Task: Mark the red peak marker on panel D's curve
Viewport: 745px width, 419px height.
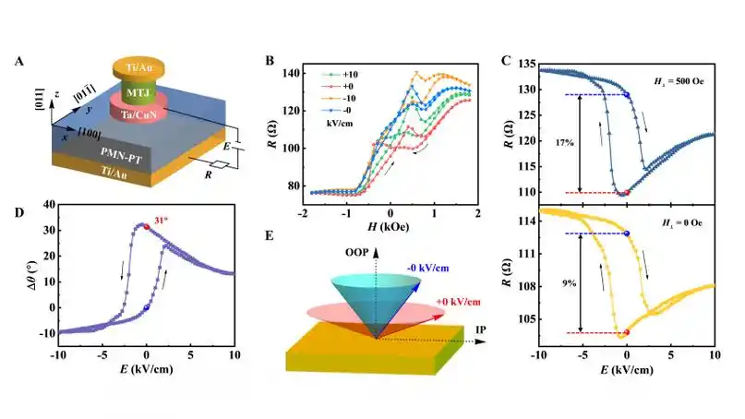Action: click(146, 223)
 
